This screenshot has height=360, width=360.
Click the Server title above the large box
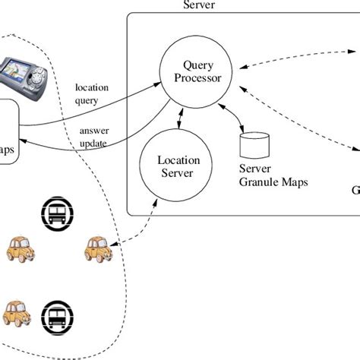tap(199, 5)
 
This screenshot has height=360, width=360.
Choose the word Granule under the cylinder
tap(258, 182)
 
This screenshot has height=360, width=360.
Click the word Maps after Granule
tap(294, 182)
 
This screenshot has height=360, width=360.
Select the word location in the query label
tap(92, 87)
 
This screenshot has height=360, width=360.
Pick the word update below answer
tap(93, 144)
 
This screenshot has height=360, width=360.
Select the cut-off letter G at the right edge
tap(355, 190)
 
